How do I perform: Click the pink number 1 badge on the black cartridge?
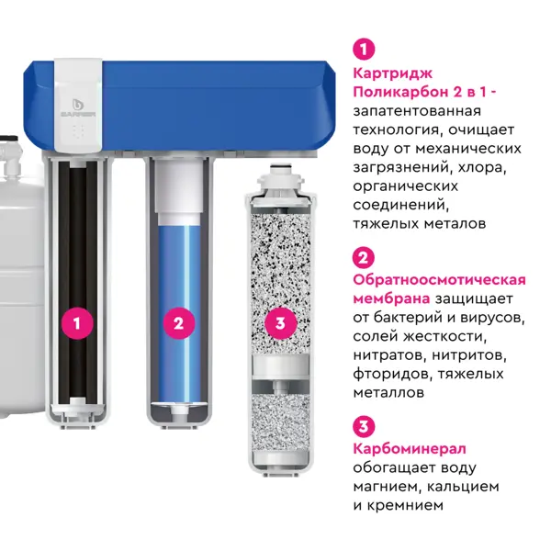(x=77, y=323)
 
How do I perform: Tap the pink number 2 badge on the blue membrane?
(x=178, y=323)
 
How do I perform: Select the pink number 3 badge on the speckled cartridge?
(x=280, y=323)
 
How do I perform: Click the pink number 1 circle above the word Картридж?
(x=364, y=49)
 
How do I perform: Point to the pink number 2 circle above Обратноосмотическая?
(x=364, y=258)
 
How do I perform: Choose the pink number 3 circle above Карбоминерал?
(x=364, y=427)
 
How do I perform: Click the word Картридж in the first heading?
(x=392, y=73)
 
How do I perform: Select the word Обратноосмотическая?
(x=439, y=280)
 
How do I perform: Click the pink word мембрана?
(x=391, y=298)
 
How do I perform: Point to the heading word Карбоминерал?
(x=410, y=449)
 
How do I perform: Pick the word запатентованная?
(x=417, y=111)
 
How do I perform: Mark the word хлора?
(x=482, y=168)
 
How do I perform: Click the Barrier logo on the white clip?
(x=78, y=107)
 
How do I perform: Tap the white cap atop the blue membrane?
(x=179, y=192)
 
